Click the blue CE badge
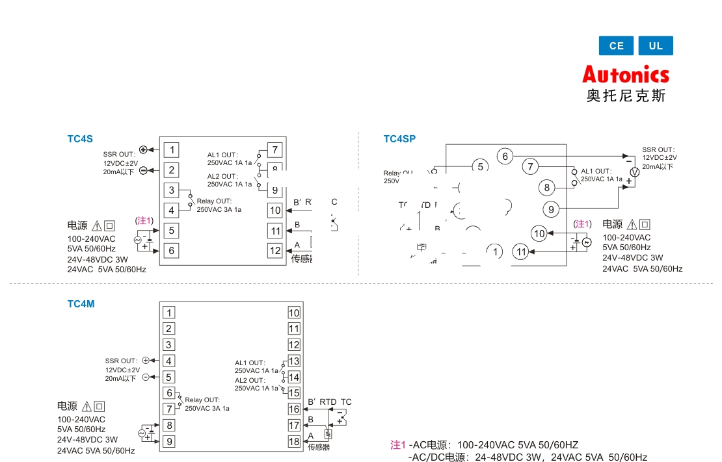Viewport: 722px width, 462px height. click(x=616, y=45)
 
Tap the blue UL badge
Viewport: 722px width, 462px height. click(x=656, y=45)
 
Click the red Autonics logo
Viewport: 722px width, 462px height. click(x=625, y=75)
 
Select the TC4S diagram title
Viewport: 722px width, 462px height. click(x=80, y=138)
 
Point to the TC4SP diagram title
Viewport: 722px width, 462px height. click(x=399, y=138)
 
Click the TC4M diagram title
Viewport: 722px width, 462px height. click(x=81, y=303)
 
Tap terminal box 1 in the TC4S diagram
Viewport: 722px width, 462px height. click(x=172, y=150)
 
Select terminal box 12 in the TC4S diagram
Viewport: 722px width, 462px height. click(x=275, y=250)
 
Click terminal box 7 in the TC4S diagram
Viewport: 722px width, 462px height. click(x=275, y=150)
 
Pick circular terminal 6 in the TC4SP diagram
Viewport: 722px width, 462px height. click(x=505, y=156)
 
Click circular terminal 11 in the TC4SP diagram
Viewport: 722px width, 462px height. click(x=520, y=251)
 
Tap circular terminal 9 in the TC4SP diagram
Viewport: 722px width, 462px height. click(x=551, y=209)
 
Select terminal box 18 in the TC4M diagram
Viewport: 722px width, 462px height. click(x=294, y=442)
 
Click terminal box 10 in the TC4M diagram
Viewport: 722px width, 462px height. click(x=294, y=313)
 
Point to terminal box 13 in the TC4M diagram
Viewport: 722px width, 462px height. click(x=294, y=361)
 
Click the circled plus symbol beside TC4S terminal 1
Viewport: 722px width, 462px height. click(x=143, y=149)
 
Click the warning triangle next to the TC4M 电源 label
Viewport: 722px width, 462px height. click(x=87, y=406)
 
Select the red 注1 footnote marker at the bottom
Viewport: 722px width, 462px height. click(x=397, y=445)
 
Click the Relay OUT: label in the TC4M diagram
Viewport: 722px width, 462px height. click(x=202, y=400)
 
